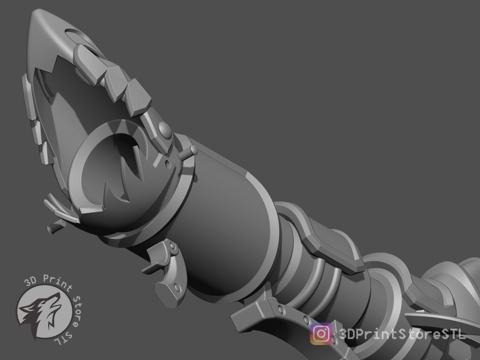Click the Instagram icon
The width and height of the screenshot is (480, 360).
tap(321, 333)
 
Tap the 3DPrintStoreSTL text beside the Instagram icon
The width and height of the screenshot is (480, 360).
tap(402, 334)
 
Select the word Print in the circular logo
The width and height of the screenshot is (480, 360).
tap(57, 282)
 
